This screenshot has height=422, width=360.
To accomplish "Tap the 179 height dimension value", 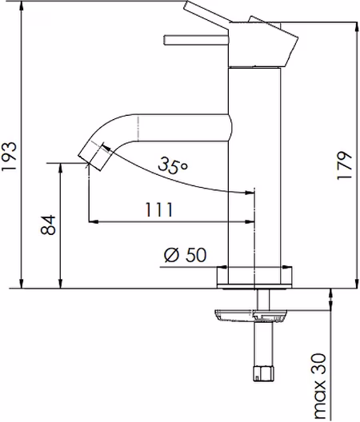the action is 344,165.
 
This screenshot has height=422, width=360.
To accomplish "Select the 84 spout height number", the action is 48,225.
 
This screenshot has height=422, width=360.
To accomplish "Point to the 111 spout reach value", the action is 158,210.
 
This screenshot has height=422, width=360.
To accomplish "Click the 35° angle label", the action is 173,165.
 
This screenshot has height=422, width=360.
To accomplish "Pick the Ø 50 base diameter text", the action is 186,255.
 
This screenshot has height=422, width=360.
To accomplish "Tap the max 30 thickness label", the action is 319,387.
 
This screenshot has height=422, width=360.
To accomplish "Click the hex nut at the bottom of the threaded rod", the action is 263,373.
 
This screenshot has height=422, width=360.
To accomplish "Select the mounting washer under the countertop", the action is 250,316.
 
